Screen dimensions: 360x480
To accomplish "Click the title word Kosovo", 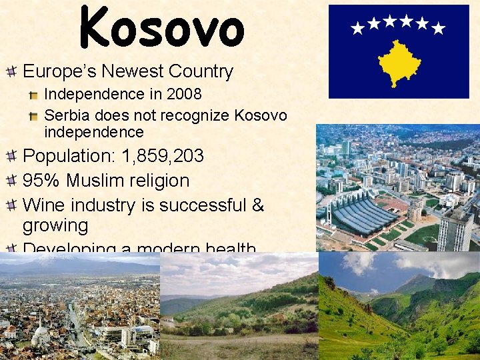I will pos(162,28).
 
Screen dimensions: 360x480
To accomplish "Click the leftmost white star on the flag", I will pos(358,28).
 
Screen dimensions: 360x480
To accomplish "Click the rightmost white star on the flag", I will pos(438,28).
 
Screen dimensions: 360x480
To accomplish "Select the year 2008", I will pos(183,95).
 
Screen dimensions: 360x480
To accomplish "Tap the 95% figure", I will pos(39,181).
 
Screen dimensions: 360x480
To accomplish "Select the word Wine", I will pos(43,203).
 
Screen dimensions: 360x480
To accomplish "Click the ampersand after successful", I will pos(258,203).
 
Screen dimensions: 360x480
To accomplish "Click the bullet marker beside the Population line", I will pos(11,157).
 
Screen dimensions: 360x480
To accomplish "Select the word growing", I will pos(55,225).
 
